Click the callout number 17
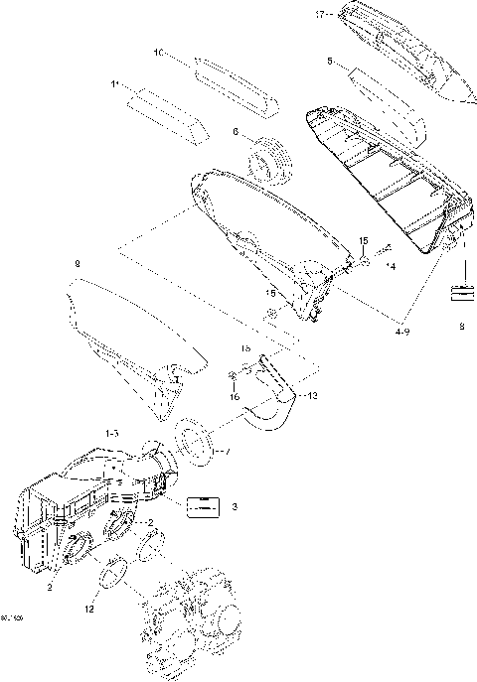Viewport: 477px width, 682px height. coord(320,14)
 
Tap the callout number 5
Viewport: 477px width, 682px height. coord(328,62)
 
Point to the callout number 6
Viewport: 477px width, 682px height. coord(236,131)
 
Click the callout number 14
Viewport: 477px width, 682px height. coord(391,267)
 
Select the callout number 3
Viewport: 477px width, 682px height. coord(235,506)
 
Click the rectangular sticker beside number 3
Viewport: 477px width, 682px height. coord(202,506)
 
